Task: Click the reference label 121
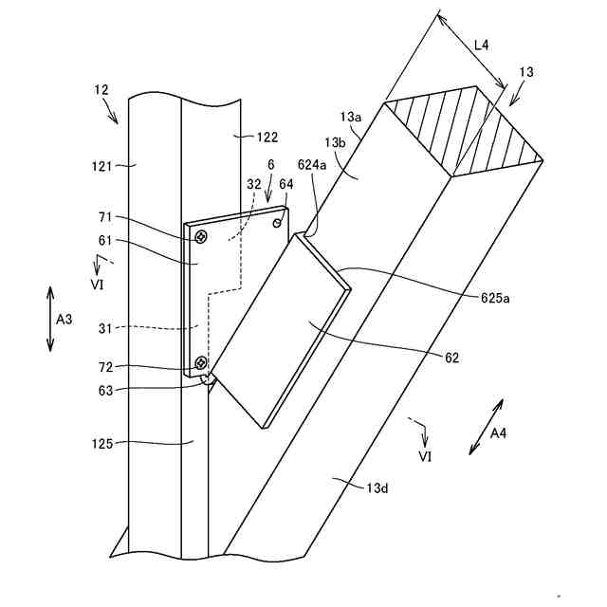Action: coord(101,166)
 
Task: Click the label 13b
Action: coord(335,142)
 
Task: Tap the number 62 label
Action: coord(451,358)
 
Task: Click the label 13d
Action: coord(378,487)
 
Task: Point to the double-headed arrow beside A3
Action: coord(50,320)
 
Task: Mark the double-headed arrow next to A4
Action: coord(487,427)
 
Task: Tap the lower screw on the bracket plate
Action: coord(200,362)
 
